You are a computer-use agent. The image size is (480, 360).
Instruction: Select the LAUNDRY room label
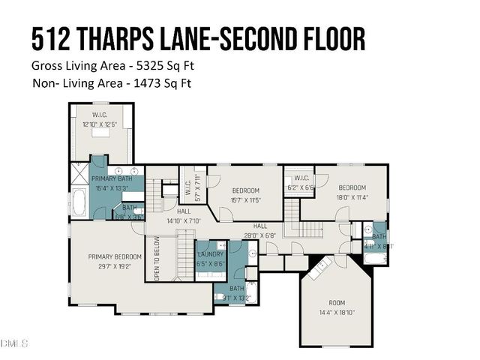coord(211,255)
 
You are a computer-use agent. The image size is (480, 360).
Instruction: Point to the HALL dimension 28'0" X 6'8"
coord(259,235)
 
